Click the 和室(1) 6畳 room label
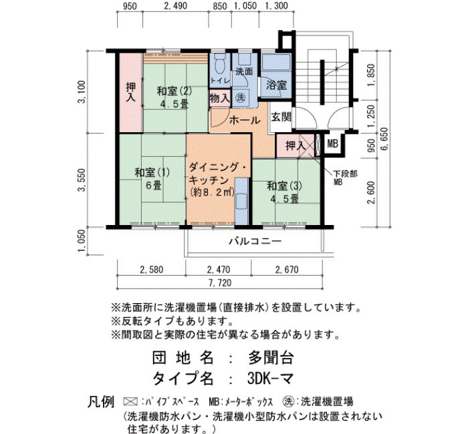point(152,179)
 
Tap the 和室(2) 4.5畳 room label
point(174,97)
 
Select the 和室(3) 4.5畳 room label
point(284,192)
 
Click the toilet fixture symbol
point(220,63)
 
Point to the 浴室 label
point(276,85)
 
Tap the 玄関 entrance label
point(281,117)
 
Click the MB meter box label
point(332,144)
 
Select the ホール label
point(245,120)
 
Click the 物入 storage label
point(220,98)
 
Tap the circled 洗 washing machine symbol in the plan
point(240,97)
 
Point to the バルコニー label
point(255,240)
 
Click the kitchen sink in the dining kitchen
point(242,202)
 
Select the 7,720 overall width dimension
point(220,282)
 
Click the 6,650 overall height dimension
point(384,139)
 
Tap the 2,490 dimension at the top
point(176,6)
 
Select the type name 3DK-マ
point(270,379)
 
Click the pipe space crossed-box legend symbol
point(130,402)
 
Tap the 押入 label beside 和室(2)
point(131,92)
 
